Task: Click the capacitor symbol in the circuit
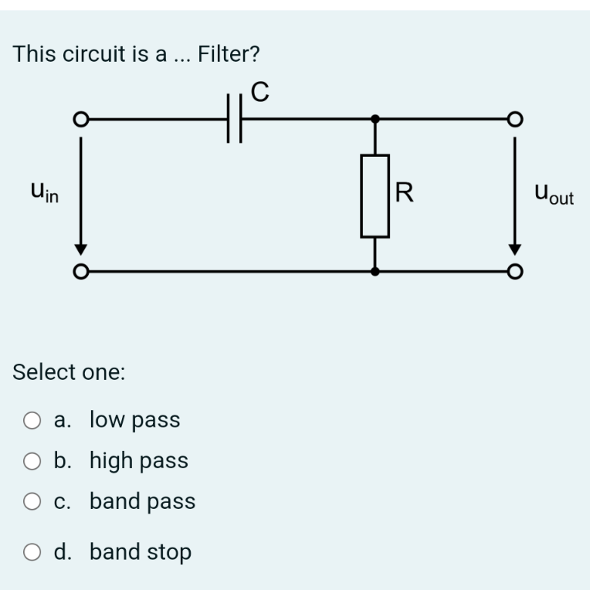235,119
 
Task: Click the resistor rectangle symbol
375,195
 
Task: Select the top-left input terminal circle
78,120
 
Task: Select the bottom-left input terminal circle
78,272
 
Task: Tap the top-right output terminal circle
515,120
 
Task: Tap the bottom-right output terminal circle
515,272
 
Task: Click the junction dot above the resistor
375,120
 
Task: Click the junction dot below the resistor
375,272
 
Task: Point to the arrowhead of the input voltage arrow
78,249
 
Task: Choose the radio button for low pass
32,421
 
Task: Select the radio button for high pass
32,461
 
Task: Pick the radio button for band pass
32,502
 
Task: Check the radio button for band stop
32,552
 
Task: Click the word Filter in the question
229,54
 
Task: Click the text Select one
70,372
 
